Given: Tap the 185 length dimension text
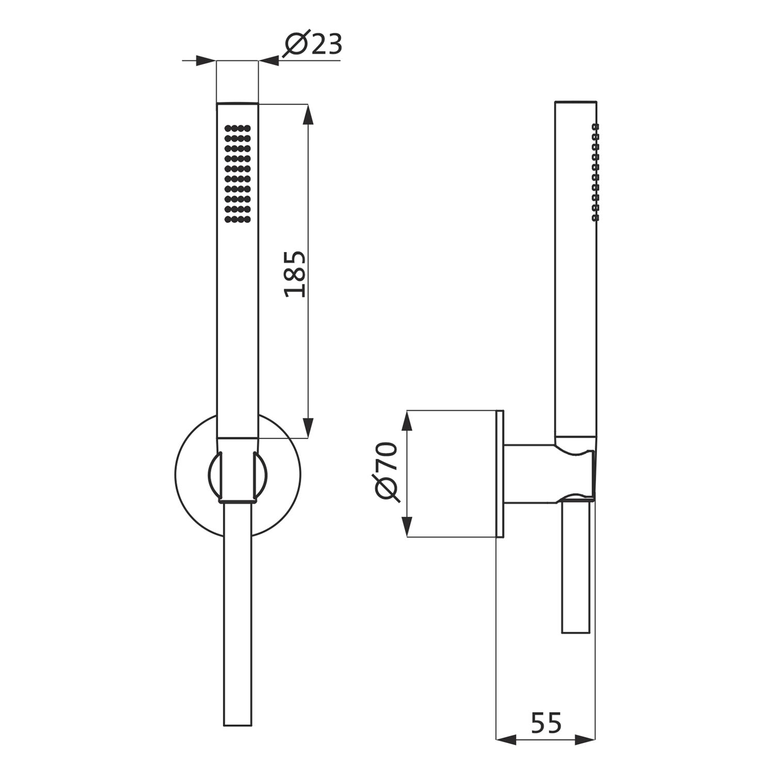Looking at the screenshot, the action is tap(296, 274).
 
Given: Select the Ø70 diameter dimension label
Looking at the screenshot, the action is tap(388, 472).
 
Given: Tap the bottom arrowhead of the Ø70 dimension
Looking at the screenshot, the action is tap(407, 527).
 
